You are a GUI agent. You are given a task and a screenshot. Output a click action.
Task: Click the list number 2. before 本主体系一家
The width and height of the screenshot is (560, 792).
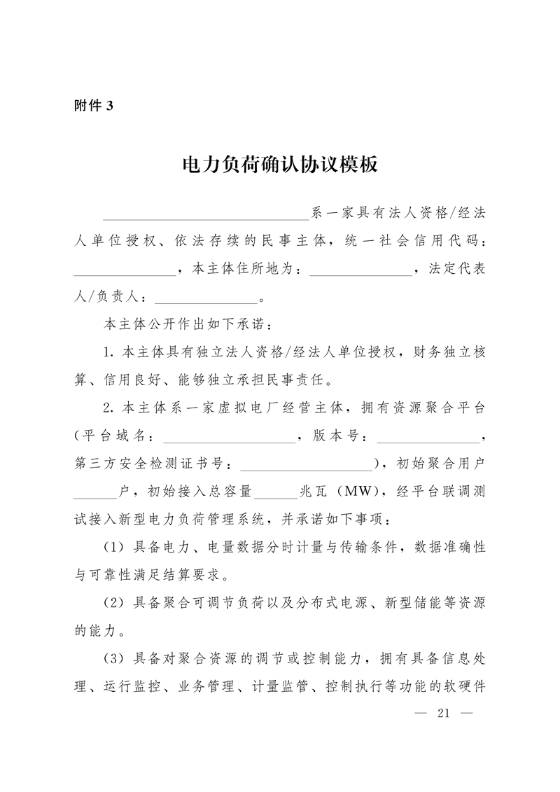(108, 408)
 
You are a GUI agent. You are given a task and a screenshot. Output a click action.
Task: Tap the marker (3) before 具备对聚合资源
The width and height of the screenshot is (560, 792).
(113, 659)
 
